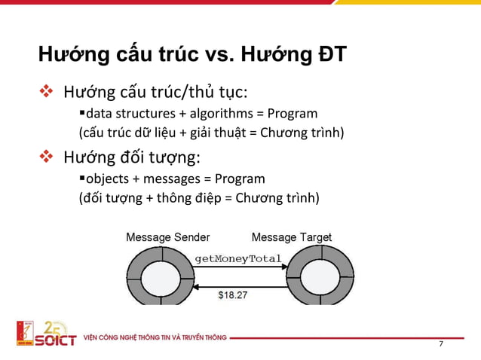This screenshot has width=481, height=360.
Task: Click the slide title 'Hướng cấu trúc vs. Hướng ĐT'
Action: tap(192, 56)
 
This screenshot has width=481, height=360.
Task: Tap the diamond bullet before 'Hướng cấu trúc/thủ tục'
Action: tap(47, 93)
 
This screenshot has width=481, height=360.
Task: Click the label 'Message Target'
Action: tap(291, 237)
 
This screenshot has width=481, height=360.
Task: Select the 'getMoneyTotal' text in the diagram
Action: tap(238, 260)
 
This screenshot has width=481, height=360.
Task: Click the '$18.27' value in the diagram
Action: tap(231, 295)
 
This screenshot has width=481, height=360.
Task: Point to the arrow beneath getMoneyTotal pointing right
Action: tap(239, 267)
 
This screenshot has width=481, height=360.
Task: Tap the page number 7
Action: tap(441, 344)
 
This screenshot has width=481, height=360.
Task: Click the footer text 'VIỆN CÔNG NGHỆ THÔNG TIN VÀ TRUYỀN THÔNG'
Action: tap(155, 337)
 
